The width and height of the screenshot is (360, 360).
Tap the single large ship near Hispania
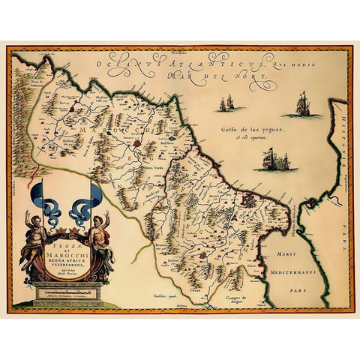tap(303, 104)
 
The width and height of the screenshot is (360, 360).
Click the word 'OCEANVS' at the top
tap(120, 64)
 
